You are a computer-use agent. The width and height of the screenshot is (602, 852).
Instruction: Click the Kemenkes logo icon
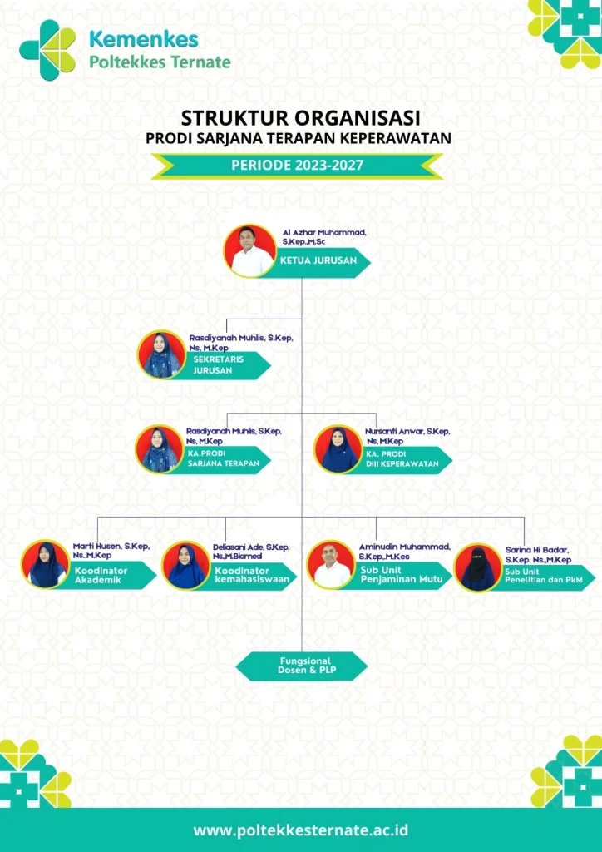(x=47, y=50)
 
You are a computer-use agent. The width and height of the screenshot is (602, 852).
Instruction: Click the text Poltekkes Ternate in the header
(x=159, y=62)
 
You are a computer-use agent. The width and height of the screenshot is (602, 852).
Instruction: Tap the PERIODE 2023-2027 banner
(x=297, y=165)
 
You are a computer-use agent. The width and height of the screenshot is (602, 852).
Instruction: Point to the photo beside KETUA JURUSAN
(x=250, y=250)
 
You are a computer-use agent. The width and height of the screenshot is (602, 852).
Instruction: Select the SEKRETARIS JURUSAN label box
(x=225, y=365)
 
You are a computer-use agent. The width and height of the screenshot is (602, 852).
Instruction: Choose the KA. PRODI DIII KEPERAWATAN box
(x=402, y=458)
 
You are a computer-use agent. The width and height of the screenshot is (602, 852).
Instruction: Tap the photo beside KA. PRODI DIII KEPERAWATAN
(x=338, y=450)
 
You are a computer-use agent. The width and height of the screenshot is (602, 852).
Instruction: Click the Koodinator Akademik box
(x=109, y=575)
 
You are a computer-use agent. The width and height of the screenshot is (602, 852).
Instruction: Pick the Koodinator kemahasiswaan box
(x=249, y=576)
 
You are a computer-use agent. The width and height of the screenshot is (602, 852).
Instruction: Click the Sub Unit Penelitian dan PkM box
(x=540, y=577)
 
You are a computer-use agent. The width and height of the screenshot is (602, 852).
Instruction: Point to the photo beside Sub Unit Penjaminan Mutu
(x=331, y=564)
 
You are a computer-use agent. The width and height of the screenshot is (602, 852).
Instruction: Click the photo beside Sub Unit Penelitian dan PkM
(x=478, y=567)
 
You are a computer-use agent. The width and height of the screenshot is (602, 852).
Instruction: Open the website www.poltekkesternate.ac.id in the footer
(x=301, y=830)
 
